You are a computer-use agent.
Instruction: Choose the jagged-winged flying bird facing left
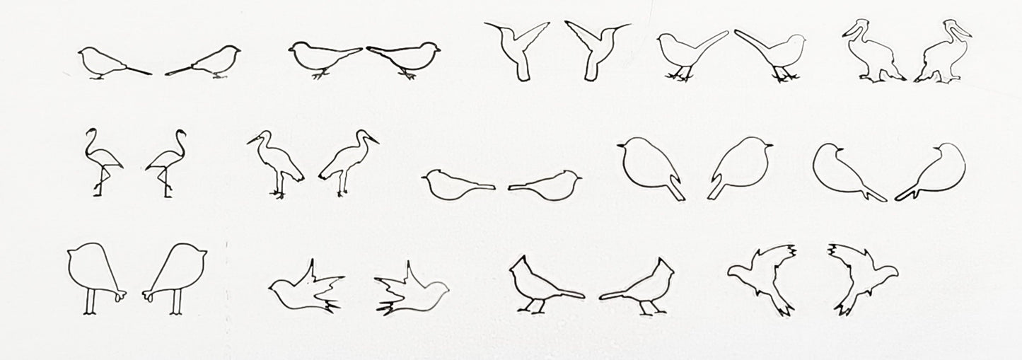click(760, 276)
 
